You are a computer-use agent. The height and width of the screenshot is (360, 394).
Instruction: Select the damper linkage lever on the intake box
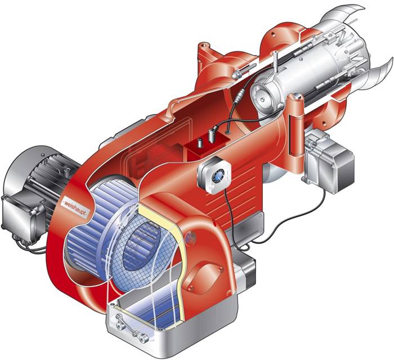130,327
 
